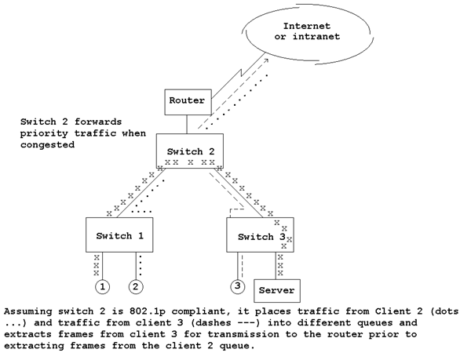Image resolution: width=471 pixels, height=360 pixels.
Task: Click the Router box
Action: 186,101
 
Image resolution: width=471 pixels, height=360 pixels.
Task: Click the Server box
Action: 276,290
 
